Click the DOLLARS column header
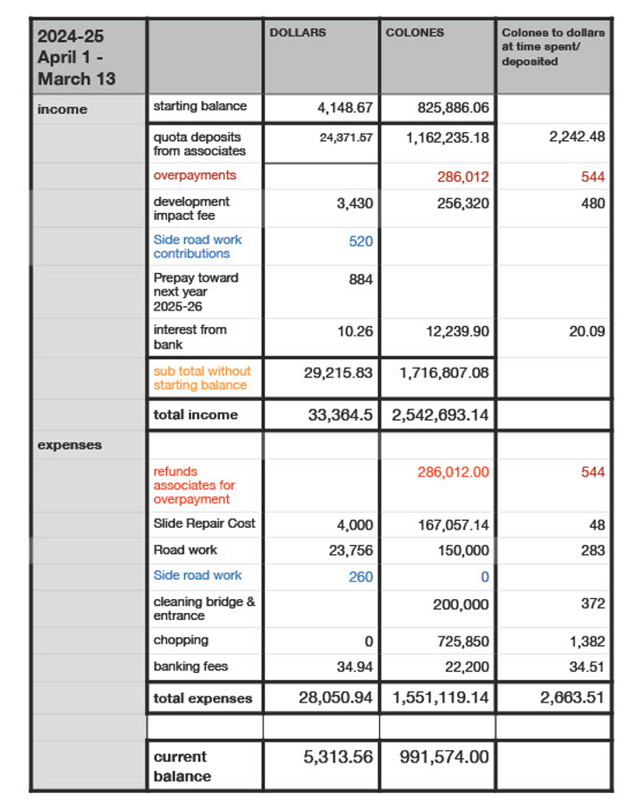297,33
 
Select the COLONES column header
415,33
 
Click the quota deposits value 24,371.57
346,138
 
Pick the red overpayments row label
195,176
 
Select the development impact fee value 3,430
355,203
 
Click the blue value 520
361,242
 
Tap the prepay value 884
361,280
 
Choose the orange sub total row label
200,378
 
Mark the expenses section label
70,445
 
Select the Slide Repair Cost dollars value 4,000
355,525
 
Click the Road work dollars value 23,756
351,550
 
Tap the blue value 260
361,576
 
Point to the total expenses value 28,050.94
336,698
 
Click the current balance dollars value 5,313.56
337,757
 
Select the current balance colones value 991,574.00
443,757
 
